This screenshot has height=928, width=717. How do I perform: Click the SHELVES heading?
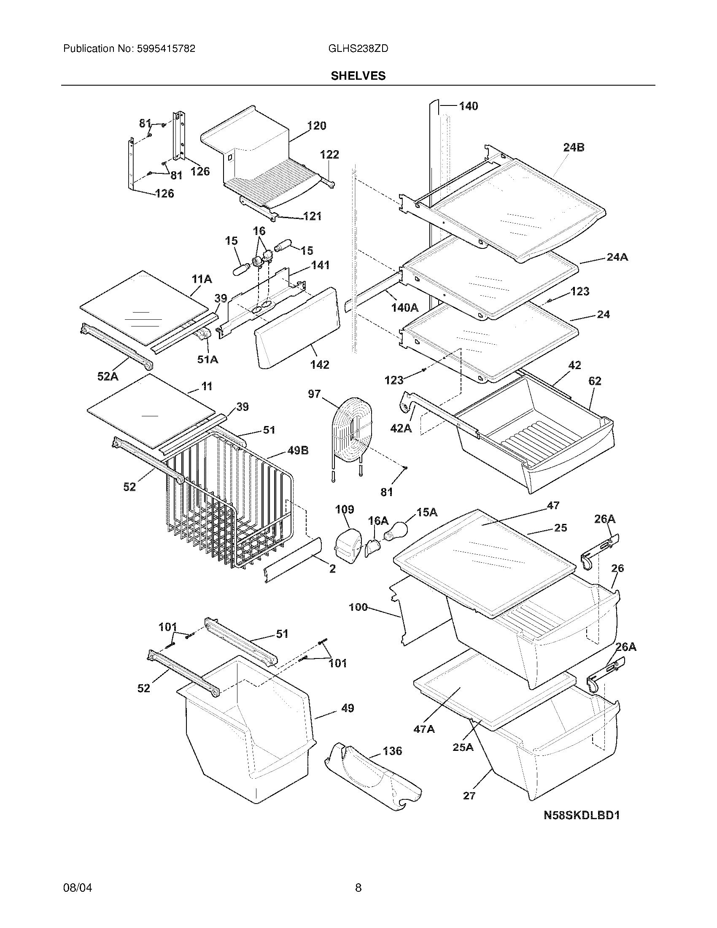(x=358, y=76)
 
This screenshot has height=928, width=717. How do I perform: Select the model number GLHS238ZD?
(x=358, y=49)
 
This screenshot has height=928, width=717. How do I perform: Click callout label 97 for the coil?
(x=314, y=394)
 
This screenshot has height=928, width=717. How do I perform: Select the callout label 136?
(x=392, y=751)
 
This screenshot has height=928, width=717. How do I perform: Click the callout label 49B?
(x=298, y=451)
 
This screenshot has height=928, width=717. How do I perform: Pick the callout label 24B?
(x=574, y=148)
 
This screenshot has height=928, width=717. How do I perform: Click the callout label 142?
(x=319, y=364)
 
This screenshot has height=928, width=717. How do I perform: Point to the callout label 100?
(x=358, y=607)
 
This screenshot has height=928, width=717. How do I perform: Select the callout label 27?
(x=469, y=796)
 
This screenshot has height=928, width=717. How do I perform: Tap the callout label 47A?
(x=424, y=729)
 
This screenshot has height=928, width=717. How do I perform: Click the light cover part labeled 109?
(x=348, y=546)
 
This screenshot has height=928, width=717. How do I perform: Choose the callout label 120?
(x=317, y=126)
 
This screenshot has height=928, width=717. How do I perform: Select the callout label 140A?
(x=405, y=308)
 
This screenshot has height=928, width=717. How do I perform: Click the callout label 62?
(x=595, y=381)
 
